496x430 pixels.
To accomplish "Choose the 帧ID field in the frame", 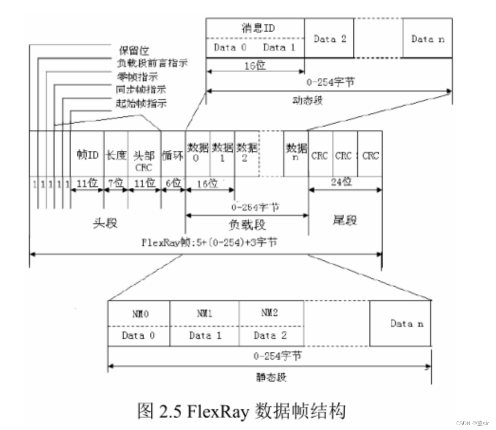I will tap(87, 155).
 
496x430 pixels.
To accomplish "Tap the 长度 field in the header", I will tap(115, 155).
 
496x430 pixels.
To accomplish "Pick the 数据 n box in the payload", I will tap(296, 152).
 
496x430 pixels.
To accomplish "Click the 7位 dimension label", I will tap(115, 183).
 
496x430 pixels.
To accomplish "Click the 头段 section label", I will tap(105, 223).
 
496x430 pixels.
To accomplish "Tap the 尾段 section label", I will tap(345, 220).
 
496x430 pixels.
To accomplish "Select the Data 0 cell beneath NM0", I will tap(138, 336).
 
